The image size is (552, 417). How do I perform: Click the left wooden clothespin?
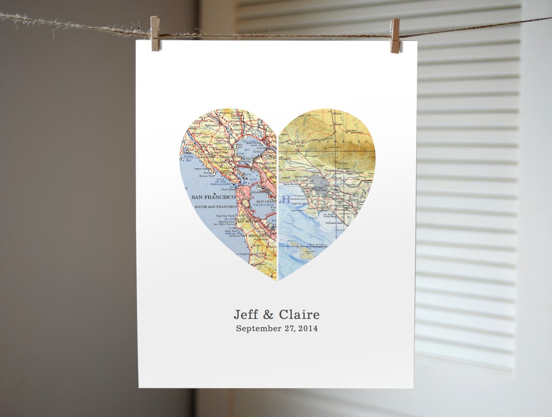tap(155, 33)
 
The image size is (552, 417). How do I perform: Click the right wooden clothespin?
tap(395, 35)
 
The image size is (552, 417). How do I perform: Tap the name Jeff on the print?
tap(246, 315)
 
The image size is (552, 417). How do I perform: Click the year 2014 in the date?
tap(308, 328)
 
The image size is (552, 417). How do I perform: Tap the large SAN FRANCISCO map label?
tap(214, 197)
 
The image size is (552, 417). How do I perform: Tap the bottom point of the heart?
tap(277, 280)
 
